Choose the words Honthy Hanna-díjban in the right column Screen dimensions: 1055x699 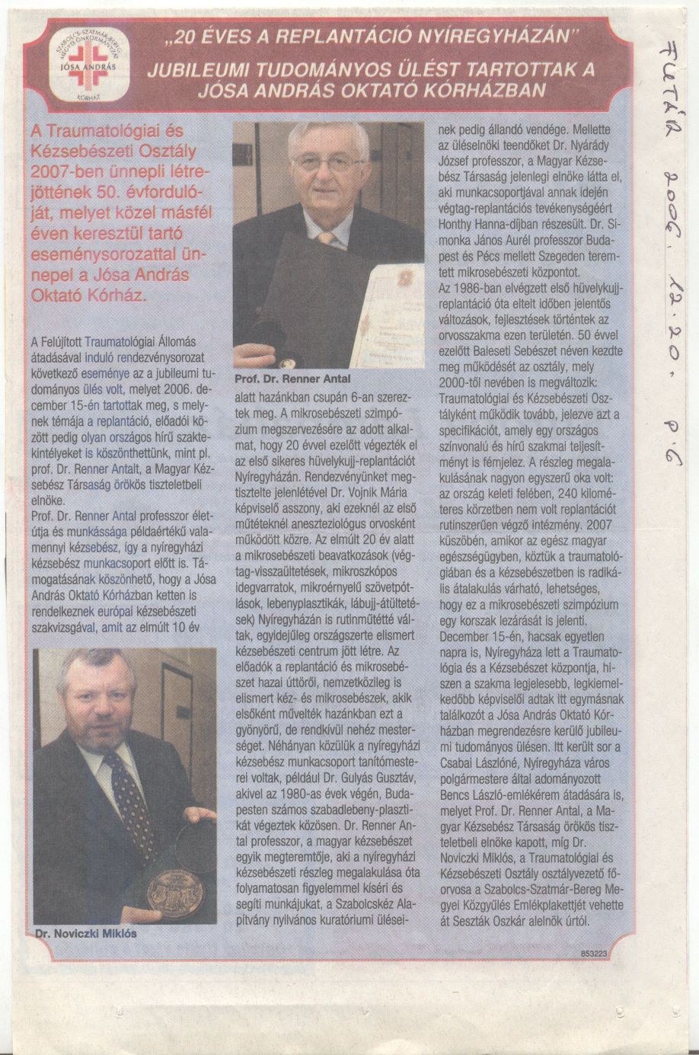(484, 223)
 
